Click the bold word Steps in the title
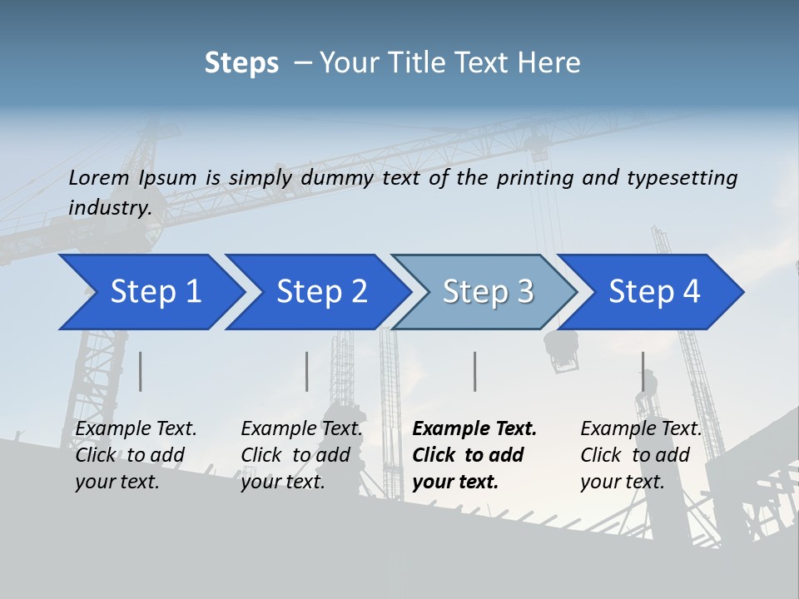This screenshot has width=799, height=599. (x=241, y=63)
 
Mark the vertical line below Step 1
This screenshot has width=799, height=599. (x=141, y=371)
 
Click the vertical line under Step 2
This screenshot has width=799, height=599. (x=307, y=371)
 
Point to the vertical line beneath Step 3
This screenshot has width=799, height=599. (x=475, y=371)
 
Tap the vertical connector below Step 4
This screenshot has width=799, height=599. (x=643, y=371)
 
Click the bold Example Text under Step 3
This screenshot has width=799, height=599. (x=474, y=428)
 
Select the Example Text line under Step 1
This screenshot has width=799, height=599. (x=136, y=428)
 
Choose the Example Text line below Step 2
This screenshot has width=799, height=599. (x=301, y=428)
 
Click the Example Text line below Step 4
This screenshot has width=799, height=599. (x=641, y=428)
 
